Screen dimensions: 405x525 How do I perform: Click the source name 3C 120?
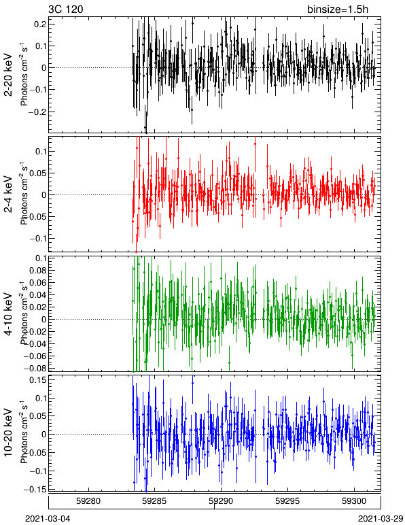[65, 9]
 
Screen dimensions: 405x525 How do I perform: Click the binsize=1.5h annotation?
[338, 9]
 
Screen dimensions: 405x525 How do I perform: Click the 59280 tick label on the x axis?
[88, 501]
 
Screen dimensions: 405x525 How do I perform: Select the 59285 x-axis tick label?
[155, 501]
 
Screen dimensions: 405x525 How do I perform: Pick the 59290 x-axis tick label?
[221, 501]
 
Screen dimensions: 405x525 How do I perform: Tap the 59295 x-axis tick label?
[287, 501]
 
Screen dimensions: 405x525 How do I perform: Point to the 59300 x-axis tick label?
[355, 501]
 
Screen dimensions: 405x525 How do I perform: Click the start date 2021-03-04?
[48, 519]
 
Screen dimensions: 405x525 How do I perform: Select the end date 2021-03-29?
[381, 519]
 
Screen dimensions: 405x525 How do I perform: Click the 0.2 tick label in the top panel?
[40, 24]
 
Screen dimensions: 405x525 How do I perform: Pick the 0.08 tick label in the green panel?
[38, 270]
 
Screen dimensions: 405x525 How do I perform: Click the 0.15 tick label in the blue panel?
[38, 380]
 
